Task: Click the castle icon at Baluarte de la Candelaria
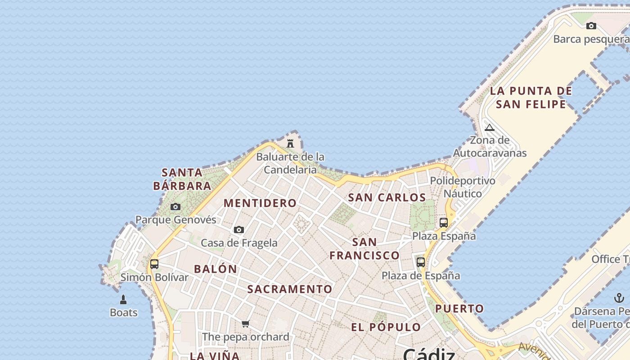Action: pyautogui.click(x=290, y=144)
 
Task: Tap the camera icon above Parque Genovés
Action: pyautogui.click(x=175, y=207)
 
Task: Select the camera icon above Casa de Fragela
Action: pyautogui.click(x=239, y=230)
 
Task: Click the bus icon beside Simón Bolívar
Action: pyautogui.click(x=154, y=264)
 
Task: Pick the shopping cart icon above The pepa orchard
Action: pyautogui.click(x=245, y=324)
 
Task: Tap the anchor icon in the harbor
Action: pyautogui.click(x=619, y=298)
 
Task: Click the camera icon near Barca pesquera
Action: pyautogui.click(x=591, y=26)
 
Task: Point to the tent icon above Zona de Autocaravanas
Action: pyautogui.click(x=490, y=127)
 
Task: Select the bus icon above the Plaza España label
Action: pyautogui.click(x=444, y=222)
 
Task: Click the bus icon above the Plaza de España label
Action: pyautogui.click(x=421, y=262)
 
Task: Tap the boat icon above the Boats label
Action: pyautogui.click(x=123, y=299)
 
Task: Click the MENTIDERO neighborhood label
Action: pyautogui.click(x=260, y=203)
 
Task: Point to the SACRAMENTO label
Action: pyautogui.click(x=290, y=289)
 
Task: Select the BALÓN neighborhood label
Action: pyautogui.click(x=216, y=269)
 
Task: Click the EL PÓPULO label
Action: pyautogui.click(x=386, y=327)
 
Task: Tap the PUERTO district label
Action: pyautogui.click(x=459, y=309)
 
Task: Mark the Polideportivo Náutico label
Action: pyautogui.click(x=463, y=187)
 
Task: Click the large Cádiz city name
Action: pyautogui.click(x=428, y=354)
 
